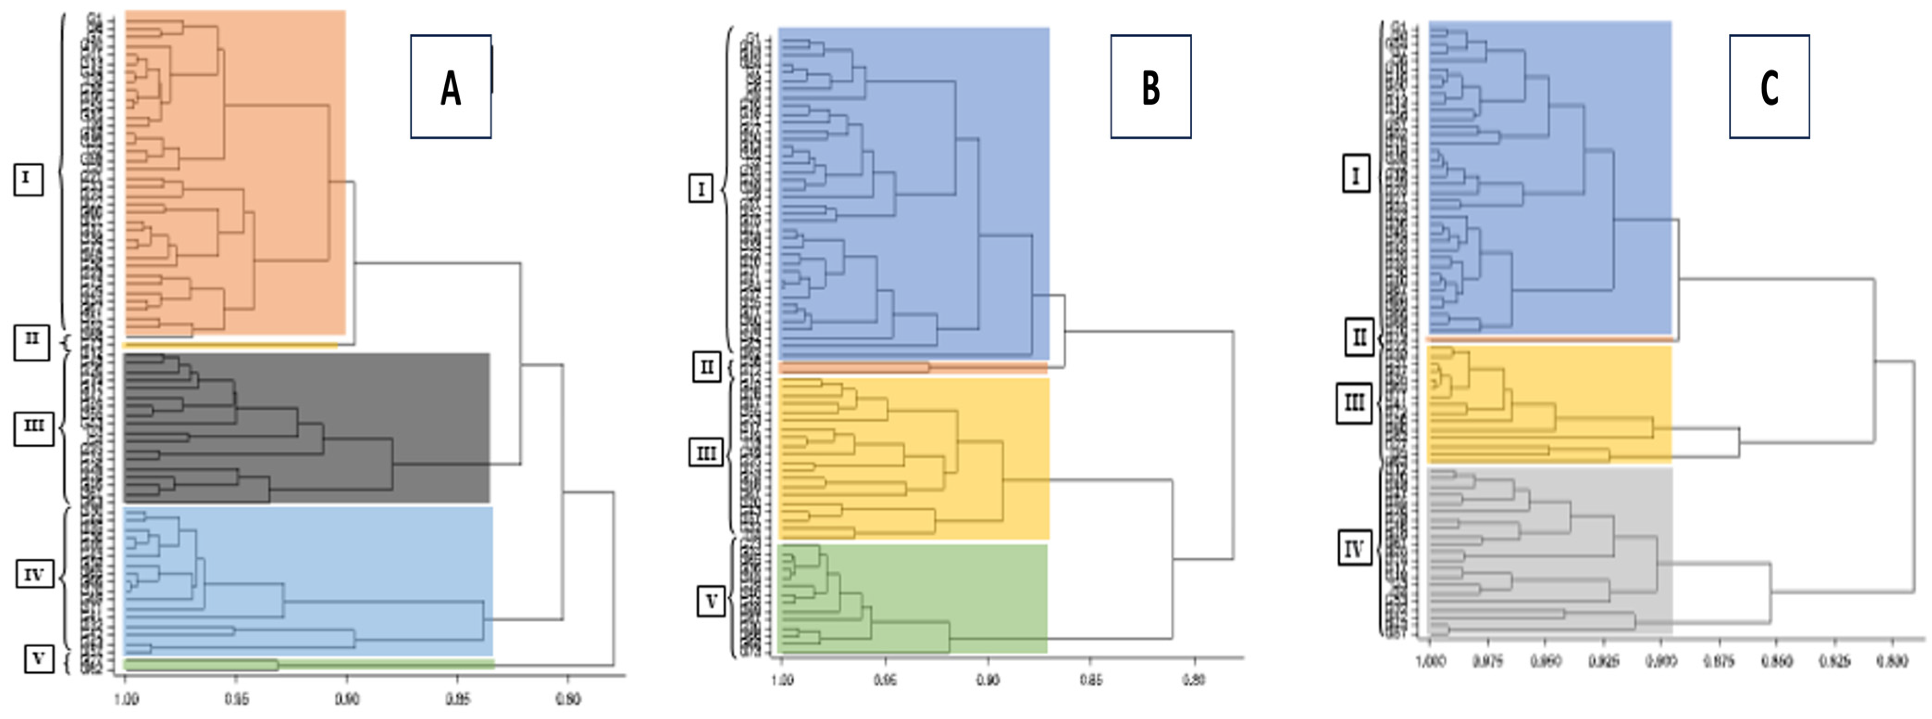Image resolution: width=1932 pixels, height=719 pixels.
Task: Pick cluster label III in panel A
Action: pyautogui.click(x=34, y=426)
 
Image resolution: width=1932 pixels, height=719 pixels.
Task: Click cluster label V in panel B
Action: pyautogui.click(x=711, y=600)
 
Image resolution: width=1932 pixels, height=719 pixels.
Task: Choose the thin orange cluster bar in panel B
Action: pyautogui.click(x=913, y=368)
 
